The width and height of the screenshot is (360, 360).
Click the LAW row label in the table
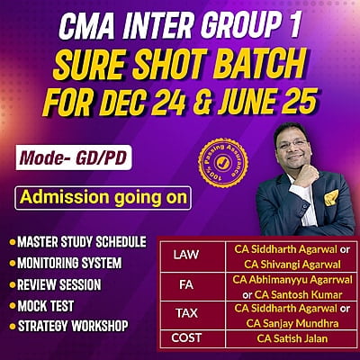coord(186,255)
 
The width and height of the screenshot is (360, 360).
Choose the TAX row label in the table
coord(186,314)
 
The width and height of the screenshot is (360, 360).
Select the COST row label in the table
coord(186,338)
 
